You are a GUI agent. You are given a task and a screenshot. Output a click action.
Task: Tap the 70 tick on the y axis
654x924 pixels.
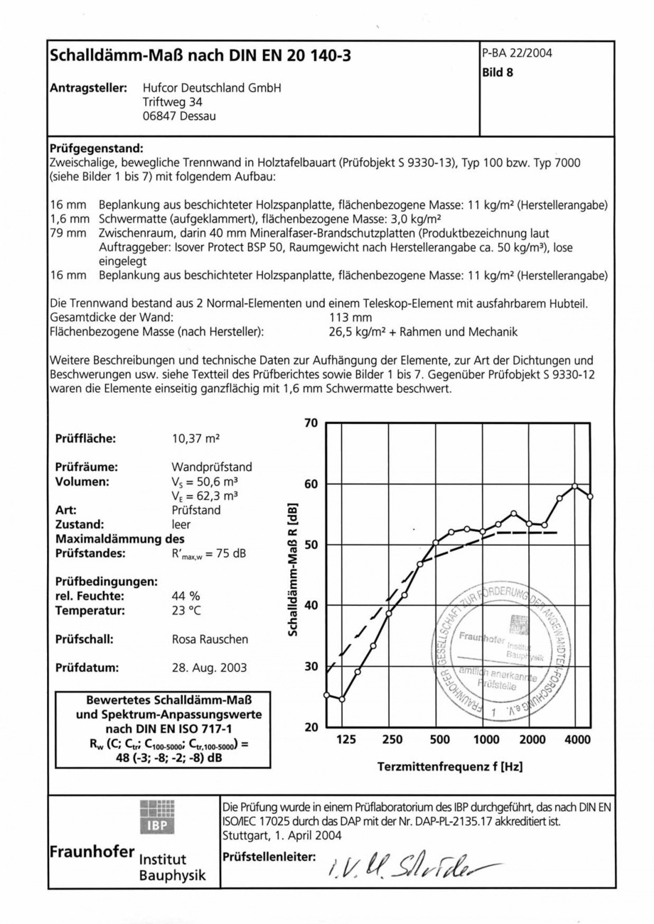tap(310, 423)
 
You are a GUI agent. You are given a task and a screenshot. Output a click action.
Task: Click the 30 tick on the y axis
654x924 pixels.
tap(310, 666)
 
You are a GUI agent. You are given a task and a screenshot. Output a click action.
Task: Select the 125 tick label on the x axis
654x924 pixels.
tap(345, 740)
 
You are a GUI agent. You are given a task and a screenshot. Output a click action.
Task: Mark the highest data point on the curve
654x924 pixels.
tap(574, 487)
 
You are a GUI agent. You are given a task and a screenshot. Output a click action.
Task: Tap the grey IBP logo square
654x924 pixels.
tap(156, 816)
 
